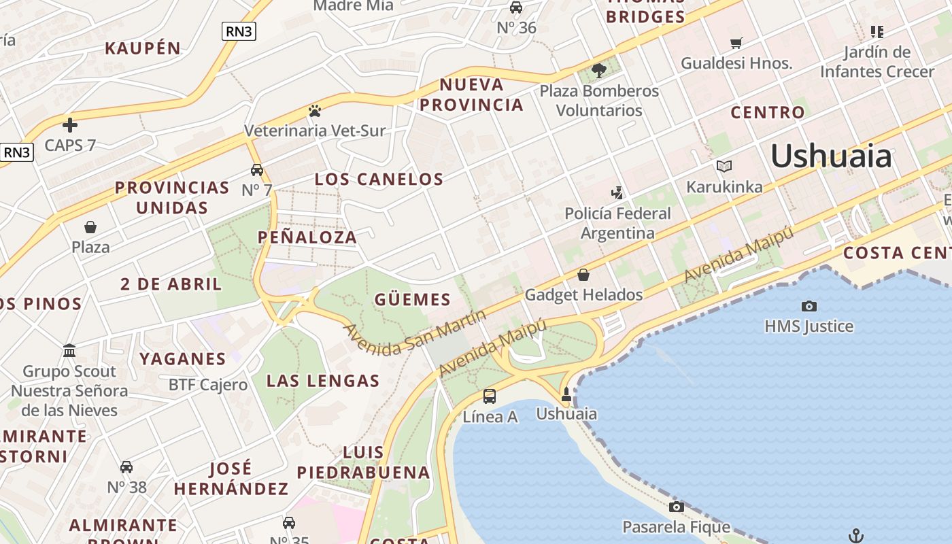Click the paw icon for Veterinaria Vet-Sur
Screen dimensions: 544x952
pyautogui.click(x=314, y=110)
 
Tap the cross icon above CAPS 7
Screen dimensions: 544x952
pyautogui.click(x=69, y=125)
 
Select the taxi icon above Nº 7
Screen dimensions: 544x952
pyautogui.click(x=257, y=170)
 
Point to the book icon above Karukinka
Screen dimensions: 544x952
pyautogui.click(x=724, y=167)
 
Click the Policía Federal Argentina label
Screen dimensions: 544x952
pyautogui.click(x=617, y=223)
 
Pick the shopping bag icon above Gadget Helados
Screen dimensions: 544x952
pyautogui.click(x=583, y=275)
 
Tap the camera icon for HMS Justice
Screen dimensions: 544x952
pyautogui.click(x=809, y=307)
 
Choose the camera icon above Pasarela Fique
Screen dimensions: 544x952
pyautogui.click(x=676, y=507)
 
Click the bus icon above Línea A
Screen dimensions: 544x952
pyautogui.click(x=489, y=396)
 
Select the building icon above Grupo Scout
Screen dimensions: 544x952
pyautogui.click(x=69, y=351)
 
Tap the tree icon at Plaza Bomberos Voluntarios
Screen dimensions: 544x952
pyautogui.click(x=599, y=70)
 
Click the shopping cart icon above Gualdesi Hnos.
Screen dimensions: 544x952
pyautogui.click(x=736, y=44)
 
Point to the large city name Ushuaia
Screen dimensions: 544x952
pyautogui.click(x=831, y=156)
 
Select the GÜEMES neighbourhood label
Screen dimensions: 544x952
pyautogui.click(x=412, y=299)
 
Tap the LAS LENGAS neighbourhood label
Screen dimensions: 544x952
pyautogui.click(x=322, y=381)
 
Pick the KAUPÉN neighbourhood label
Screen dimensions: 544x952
pyautogui.click(x=143, y=48)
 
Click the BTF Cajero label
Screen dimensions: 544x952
pyautogui.click(x=208, y=385)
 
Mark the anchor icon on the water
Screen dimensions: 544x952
pyautogui.click(x=856, y=536)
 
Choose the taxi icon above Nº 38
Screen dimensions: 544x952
pyautogui.click(x=126, y=467)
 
